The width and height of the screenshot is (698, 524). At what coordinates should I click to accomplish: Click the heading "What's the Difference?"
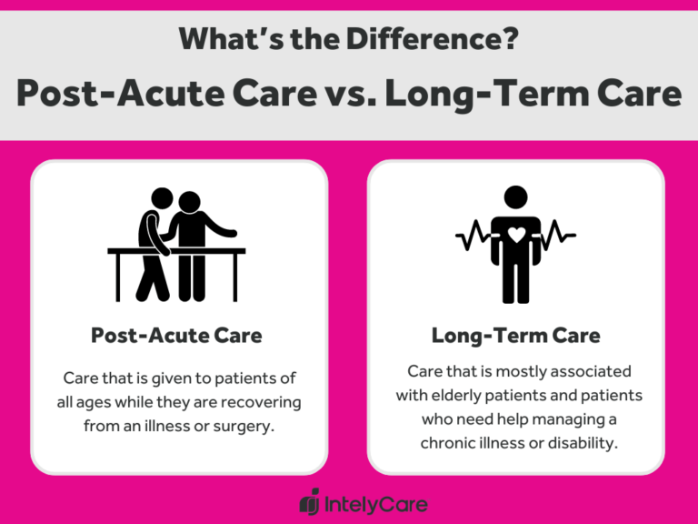click(348, 39)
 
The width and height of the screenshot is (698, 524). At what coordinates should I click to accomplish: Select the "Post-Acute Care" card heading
click(176, 335)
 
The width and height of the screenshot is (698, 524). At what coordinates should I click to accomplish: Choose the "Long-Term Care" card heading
click(515, 335)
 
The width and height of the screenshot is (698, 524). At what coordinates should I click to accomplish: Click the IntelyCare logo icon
click(310, 501)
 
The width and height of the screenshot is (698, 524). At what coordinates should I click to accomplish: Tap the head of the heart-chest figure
click(515, 197)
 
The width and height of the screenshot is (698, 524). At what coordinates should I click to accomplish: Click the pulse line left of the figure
click(473, 237)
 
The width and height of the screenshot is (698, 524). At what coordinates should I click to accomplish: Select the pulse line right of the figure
click(557, 237)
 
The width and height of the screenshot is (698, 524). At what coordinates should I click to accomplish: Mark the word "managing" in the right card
click(562, 419)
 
